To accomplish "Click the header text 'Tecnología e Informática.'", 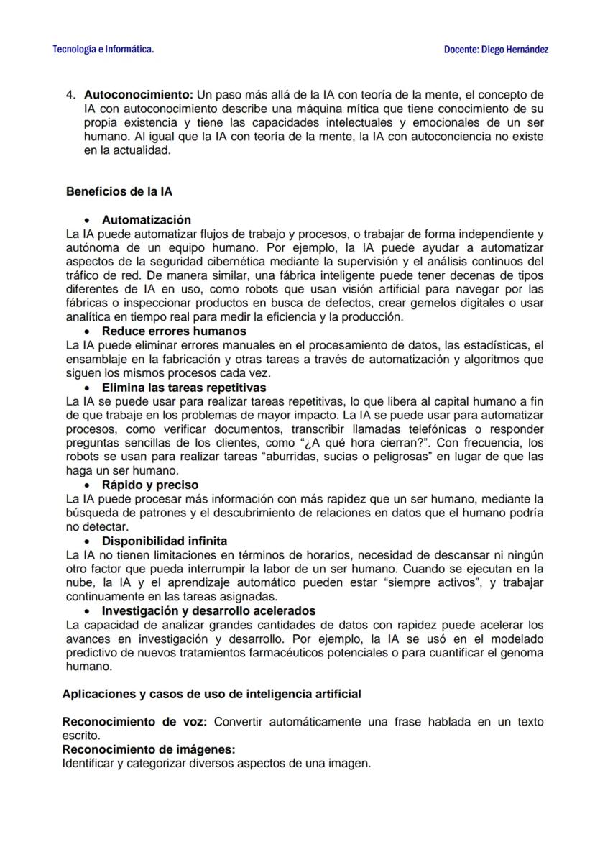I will click(103, 50).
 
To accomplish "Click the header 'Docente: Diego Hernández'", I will click(496, 50).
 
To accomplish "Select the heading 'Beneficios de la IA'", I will click(119, 192).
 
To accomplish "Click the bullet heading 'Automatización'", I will click(147, 220).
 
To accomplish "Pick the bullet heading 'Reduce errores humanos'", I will click(174, 331).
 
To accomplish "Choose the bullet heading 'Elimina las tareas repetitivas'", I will click(184, 388).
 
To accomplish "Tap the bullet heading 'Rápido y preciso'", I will click(150, 485).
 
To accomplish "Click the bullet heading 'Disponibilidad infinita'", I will click(165, 541).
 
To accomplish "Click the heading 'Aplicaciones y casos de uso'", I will click(211, 694).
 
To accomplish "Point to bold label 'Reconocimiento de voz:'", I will click(135, 722).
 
